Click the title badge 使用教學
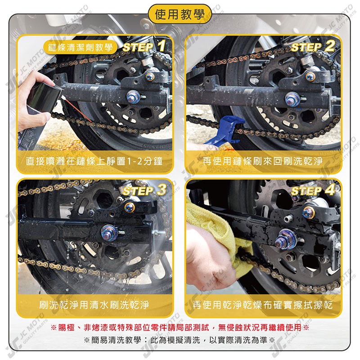tap(180, 14)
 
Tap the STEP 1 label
tap(144, 46)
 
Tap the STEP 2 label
tap(313, 46)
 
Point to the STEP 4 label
tap(313, 190)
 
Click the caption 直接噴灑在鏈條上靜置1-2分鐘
tap(94, 161)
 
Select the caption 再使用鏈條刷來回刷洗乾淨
tap(263, 161)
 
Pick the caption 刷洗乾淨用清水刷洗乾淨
tap(94, 305)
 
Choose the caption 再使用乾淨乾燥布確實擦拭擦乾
tap(263, 305)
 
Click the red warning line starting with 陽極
tap(180, 327)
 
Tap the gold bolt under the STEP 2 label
tap(310, 76)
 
